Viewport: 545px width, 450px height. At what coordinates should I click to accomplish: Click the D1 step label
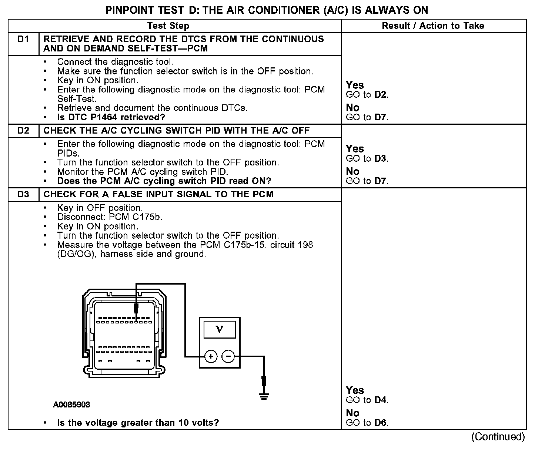23,39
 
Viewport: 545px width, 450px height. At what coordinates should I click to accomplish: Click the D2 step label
23,131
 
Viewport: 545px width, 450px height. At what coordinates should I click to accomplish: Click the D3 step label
23,195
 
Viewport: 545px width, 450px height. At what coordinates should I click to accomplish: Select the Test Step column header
168,26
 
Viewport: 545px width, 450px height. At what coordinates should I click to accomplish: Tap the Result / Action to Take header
433,26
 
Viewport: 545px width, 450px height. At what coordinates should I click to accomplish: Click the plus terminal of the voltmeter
211,357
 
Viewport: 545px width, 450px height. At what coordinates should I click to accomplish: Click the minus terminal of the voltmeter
228,357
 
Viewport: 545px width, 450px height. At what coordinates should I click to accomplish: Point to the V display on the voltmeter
219,329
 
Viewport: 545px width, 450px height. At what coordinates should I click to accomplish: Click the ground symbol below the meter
263,396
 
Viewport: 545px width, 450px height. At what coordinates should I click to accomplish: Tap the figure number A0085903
71,405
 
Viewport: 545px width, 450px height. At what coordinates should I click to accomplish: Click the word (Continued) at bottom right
498,437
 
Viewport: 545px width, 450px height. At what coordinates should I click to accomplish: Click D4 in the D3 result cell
381,400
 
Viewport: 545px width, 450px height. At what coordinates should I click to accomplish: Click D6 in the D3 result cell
381,423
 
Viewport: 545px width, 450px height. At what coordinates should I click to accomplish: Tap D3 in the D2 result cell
381,158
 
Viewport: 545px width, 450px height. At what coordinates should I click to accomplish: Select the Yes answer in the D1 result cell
355,85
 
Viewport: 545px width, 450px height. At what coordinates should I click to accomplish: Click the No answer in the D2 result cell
352,171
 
